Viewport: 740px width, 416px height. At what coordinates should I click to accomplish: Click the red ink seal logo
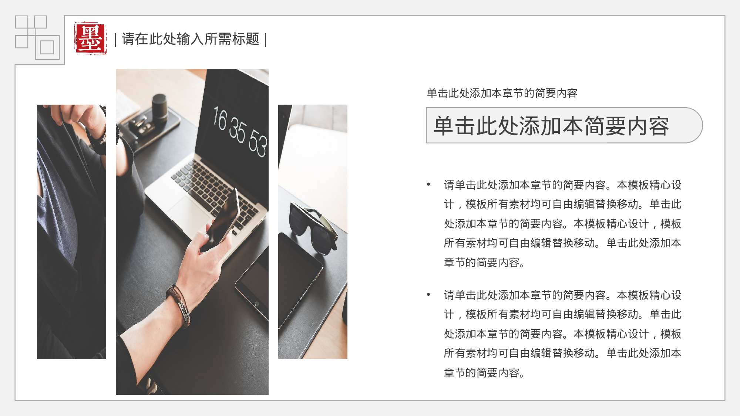(x=91, y=38)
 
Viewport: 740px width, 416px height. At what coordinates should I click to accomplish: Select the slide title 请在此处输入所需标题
(x=191, y=39)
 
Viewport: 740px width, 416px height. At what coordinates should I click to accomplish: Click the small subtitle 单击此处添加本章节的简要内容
(x=502, y=93)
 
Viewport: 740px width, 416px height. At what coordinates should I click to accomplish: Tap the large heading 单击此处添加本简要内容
(x=551, y=126)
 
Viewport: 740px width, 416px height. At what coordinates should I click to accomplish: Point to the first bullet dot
(x=428, y=184)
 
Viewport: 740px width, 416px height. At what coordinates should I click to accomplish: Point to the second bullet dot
(x=428, y=294)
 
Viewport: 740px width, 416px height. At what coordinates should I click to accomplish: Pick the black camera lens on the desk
(x=159, y=107)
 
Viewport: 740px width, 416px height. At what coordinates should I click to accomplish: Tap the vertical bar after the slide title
(x=266, y=40)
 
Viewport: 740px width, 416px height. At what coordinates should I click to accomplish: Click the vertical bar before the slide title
(x=115, y=40)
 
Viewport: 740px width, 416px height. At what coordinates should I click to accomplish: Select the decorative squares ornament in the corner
(x=37, y=37)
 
